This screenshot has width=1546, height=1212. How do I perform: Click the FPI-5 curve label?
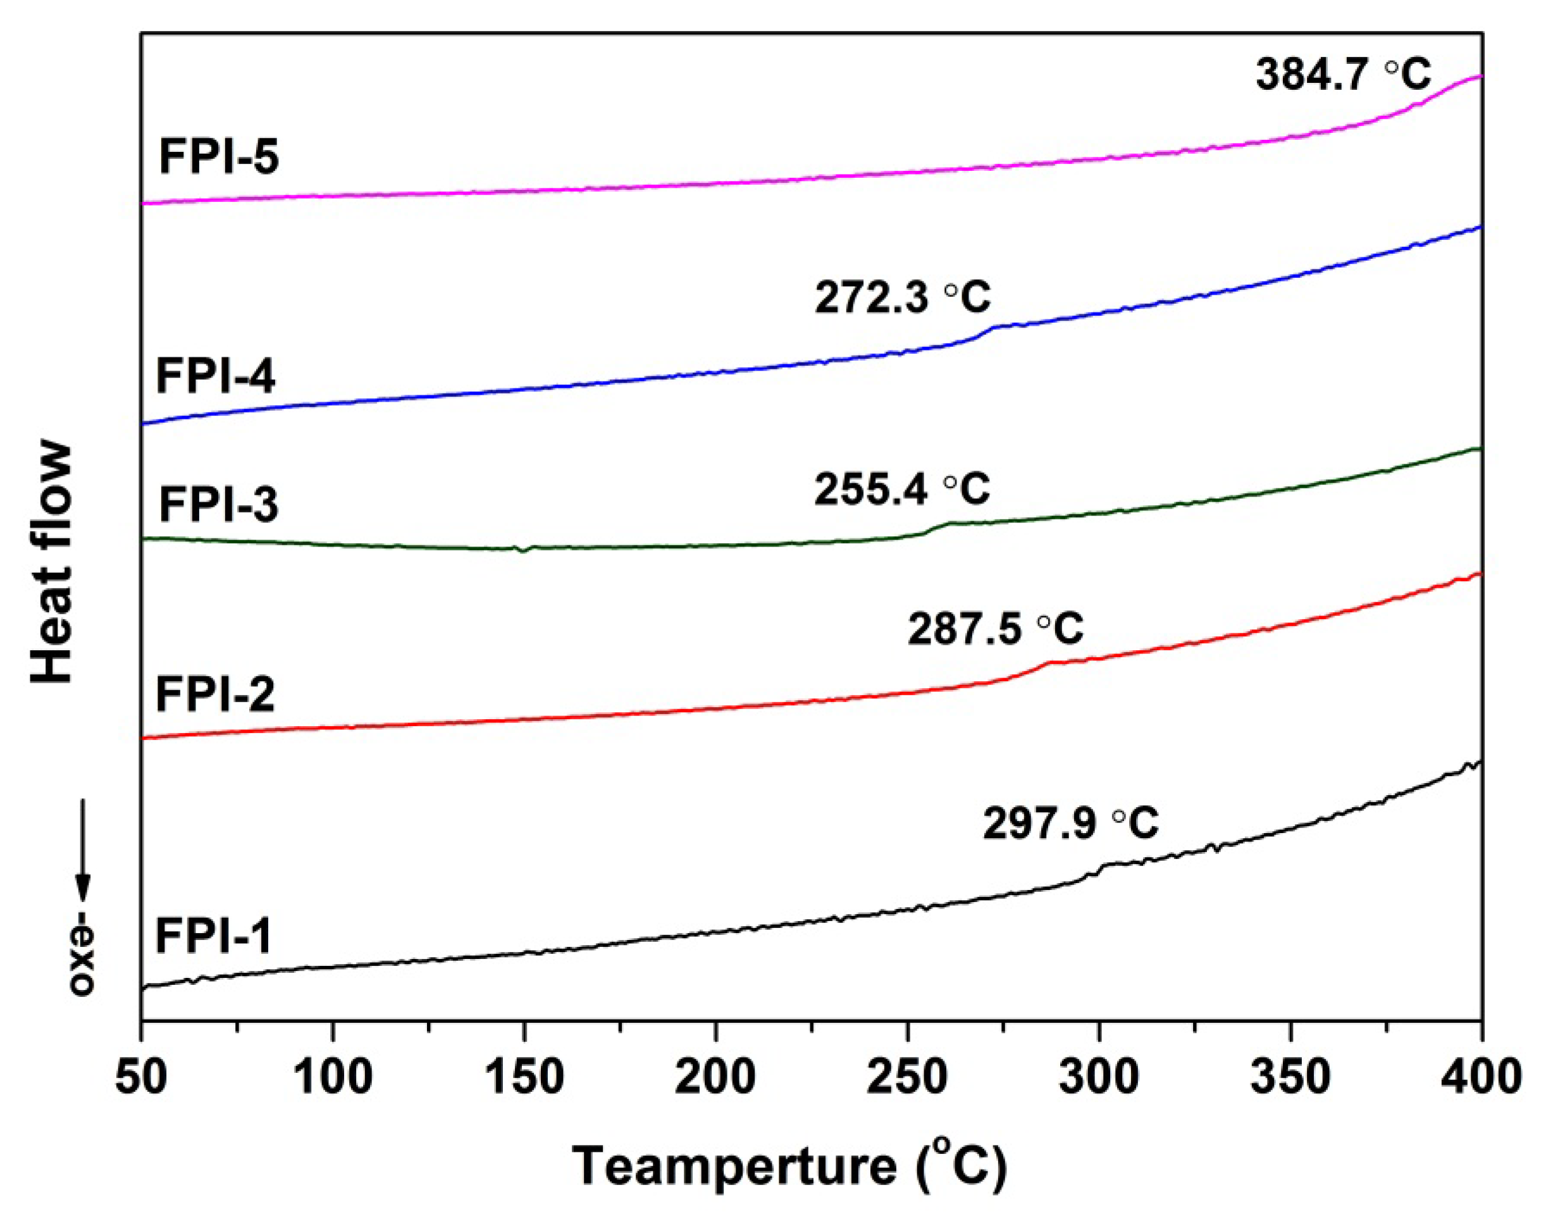tap(218, 157)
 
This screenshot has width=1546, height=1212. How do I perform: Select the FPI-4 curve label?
tap(215, 376)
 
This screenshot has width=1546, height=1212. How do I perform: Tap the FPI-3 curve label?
tap(218, 505)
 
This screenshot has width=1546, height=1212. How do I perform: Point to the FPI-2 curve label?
tap(215, 694)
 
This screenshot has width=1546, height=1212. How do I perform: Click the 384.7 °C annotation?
tap(1343, 75)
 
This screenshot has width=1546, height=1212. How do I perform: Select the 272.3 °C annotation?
tap(902, 297)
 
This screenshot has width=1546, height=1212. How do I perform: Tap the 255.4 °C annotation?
tap(901, 489)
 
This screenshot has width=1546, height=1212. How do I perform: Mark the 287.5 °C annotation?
tap(995, 628)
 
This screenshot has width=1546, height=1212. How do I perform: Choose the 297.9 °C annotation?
tap(1070, 824)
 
